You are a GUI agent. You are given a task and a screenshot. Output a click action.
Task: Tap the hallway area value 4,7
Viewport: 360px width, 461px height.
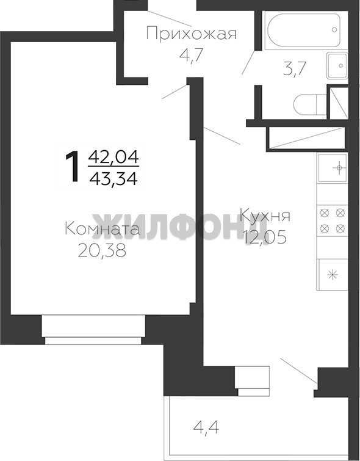click(x=192, y=55)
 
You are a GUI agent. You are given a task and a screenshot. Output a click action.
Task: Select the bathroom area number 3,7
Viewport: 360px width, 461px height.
click(x=295, y=69)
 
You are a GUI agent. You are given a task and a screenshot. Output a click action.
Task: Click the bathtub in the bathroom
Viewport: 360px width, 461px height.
click(x=304, y=30)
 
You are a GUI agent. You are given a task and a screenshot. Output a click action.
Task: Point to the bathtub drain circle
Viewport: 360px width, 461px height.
click(x=334, y=29)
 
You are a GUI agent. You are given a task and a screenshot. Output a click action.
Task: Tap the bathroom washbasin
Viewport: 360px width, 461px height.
click(x=337, y=65)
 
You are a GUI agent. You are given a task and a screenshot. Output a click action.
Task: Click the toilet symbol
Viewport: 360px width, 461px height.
click(x=310, y=104)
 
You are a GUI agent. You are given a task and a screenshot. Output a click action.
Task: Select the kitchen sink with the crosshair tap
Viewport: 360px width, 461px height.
click(x=333, y=168)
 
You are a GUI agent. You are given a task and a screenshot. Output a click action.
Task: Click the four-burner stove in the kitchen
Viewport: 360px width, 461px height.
click(x=333, y=220)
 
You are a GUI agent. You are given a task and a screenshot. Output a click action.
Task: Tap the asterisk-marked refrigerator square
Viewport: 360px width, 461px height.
click(x=333, y=275)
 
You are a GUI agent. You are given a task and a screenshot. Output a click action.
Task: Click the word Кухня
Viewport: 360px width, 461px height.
click(x=265, y=216)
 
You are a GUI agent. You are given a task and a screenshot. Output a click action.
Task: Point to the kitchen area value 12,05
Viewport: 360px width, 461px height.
click(x=265, y=238)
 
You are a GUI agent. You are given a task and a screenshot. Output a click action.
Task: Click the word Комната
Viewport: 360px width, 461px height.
click(x=103, y=229)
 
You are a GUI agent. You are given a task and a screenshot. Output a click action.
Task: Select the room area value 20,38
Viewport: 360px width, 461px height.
click(x=103, y=250)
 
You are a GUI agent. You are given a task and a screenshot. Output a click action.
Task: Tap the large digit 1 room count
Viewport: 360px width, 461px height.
click(x=72, y=166)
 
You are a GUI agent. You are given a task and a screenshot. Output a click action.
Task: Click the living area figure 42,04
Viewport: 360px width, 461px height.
click(x=113, y=157)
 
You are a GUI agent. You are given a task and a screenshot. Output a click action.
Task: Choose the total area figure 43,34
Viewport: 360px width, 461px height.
click(x=113, y=178)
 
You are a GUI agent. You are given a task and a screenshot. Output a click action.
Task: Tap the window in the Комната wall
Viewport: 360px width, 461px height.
click(x=93, y=330)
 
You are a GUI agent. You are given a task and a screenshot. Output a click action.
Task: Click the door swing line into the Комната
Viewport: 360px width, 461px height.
click(x=175, y=92)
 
